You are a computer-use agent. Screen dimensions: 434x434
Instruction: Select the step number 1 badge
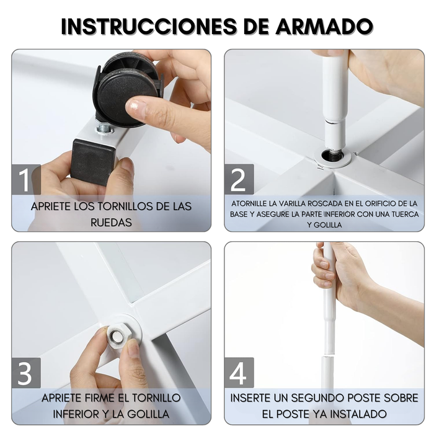(x=25, y=180)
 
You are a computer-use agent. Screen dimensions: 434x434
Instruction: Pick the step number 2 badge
(x=239, y=180)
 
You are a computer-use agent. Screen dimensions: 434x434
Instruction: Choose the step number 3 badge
(x=25, y=373)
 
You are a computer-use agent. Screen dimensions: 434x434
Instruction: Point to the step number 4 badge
(x=239, y=373)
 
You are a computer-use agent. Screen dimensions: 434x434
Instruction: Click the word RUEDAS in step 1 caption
(x=111, y=222)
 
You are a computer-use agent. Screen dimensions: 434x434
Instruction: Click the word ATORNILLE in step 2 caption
(x=254, y=203)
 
